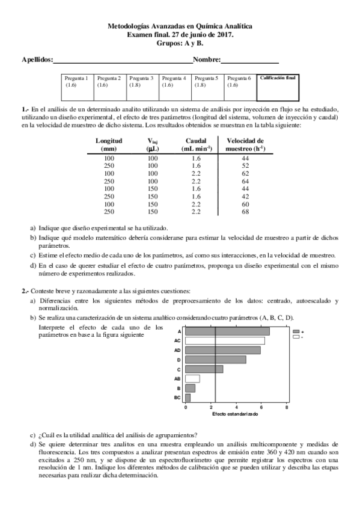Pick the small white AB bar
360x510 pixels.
[x=192, y=379]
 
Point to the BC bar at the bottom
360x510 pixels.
[x=188, y=398]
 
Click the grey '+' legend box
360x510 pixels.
[x=296, y=331]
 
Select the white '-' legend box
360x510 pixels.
[x=296, y=337]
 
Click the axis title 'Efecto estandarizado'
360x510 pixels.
[x=235, y=414]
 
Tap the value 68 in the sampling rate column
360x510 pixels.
[x=245, y=212]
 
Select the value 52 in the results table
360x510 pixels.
[x=245, y=165]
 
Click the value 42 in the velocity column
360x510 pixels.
[x=245, y=196]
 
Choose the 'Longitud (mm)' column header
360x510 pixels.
[x=109, y=144]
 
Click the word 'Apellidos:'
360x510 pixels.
[x=37, y=60]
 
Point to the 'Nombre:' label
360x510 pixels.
[x=207, y=60]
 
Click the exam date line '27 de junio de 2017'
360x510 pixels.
[x=179, y=35]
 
